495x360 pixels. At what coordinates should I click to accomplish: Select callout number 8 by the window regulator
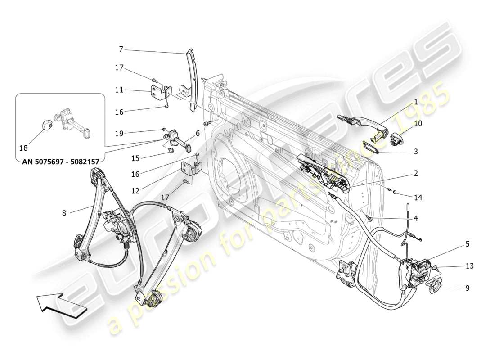(x=64, y=213)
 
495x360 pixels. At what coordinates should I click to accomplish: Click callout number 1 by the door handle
(x=416, y=103)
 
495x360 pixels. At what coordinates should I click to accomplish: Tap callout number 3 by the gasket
(x=416, y=152)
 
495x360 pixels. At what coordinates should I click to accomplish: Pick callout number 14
(x=418, y=197)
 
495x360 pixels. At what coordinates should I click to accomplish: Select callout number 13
(x=469, y=266)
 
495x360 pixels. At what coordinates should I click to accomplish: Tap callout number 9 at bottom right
(x=467, y=288)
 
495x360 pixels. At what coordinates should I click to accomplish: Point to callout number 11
(x=119, y=90)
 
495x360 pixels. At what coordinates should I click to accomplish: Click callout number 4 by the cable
(x=416, y=219)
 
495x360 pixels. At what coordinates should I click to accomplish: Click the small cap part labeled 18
(x=46, y=125)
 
